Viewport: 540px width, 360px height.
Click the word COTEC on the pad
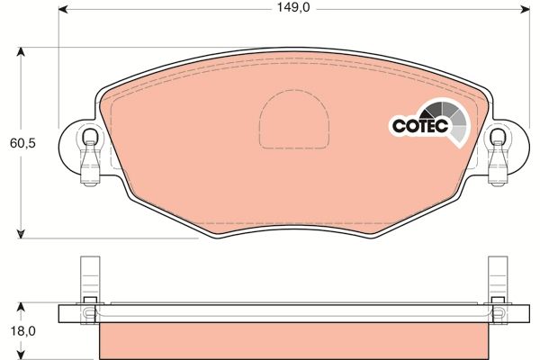418,127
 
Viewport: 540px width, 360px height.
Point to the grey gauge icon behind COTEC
454,121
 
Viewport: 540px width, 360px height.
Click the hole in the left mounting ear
89,138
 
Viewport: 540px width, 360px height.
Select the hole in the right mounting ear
498,138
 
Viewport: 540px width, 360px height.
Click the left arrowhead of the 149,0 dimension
63,10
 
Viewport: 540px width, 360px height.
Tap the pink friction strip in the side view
292,341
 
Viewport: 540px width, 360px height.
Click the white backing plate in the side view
292,314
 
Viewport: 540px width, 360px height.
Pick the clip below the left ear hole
89,168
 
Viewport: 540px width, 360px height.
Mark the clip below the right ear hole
498,168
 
